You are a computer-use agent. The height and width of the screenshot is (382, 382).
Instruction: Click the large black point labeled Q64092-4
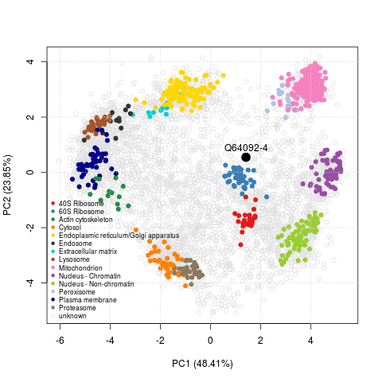246,158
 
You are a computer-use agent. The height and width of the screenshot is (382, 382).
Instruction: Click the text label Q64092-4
246,147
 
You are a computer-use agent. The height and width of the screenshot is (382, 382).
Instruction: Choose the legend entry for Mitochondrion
80,267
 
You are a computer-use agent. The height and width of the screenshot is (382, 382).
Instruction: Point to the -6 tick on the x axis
60,340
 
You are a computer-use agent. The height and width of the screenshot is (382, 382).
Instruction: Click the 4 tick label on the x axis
311,340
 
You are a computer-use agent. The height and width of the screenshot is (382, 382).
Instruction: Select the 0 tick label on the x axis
211,340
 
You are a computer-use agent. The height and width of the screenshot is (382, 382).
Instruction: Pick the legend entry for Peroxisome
78,291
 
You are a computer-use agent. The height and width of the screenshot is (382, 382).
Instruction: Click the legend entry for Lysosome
76,259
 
